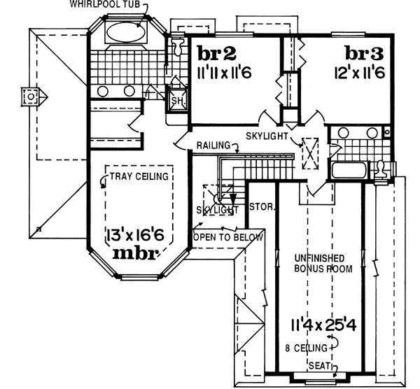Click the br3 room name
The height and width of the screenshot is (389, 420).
[x=366, y=53]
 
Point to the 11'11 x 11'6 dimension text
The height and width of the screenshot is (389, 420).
[x=225, y=71]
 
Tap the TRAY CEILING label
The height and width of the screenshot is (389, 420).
[x=139, y=176]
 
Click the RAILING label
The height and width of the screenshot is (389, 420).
[x=213, y=145]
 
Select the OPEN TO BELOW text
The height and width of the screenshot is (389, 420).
[x=228, y=237]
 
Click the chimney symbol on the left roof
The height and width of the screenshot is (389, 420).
[x=31, y=97]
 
